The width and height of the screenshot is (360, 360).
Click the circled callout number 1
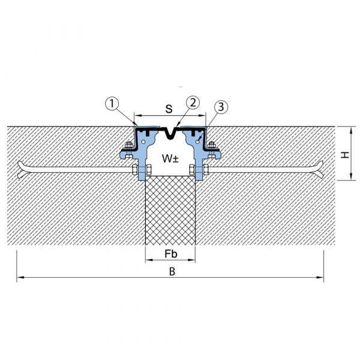click(112, 104)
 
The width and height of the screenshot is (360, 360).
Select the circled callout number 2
click(193, 103)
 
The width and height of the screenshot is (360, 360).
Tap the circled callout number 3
click(221, 107)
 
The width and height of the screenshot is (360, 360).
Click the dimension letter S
click(169, 109)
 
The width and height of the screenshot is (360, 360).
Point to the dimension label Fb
click(171, 254)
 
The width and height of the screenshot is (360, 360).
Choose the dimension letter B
click(172, 272)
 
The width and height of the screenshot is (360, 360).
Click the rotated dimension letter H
click(345, 155)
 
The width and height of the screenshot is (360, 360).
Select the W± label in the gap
click(170, 158)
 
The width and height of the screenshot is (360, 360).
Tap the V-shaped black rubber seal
click(170, 134)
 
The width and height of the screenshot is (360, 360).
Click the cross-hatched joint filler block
click(170, 211)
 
